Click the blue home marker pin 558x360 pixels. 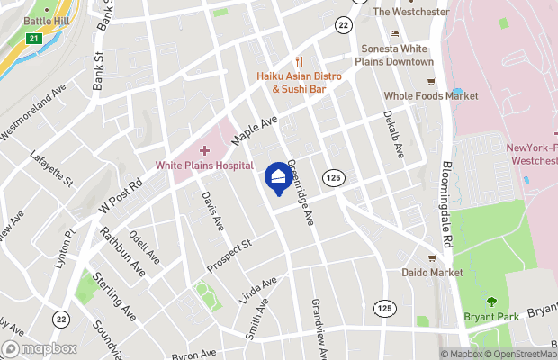point(279,176)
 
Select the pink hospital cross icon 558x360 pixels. point(204,149)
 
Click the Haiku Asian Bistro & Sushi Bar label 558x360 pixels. point(299,83)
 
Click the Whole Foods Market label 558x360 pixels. point(430,96)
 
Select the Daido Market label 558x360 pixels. point(432,272)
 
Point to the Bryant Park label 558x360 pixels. point(490,317)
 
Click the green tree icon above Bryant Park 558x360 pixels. point(490,301)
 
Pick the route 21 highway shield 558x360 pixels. point(33,39)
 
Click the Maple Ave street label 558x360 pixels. point(255,131)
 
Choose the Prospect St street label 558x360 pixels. point(229,256)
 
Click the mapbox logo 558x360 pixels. point(40,347)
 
